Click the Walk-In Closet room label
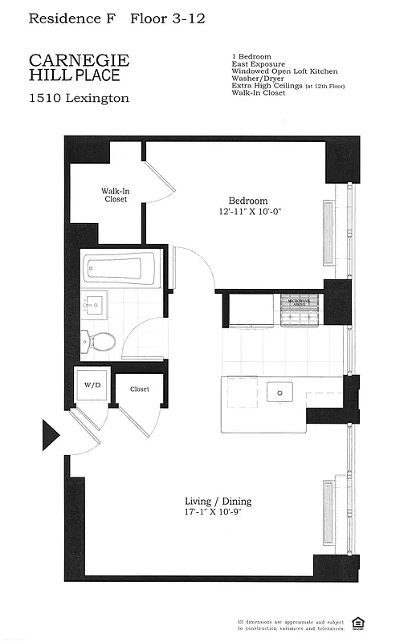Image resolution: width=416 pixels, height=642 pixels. click(x=113, y=195)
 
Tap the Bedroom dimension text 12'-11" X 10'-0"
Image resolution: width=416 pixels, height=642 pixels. click(x=249, y=212)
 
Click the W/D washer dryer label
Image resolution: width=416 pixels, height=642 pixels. click(x=93, y=385)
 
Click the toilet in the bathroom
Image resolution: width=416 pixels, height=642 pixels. click(x=100, y=341)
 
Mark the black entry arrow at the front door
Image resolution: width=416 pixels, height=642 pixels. click(x=50, y=436)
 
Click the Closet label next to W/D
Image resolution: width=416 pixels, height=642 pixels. click(x=140, y=389)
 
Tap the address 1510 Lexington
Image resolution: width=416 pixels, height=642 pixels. click(x=79, y=99)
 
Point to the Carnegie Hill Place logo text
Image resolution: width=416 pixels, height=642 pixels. click(x=79, y=67)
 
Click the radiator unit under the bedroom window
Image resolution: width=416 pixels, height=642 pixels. click(x=328, y=232)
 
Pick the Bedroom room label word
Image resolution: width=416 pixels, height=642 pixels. click(x=248, y=201)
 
